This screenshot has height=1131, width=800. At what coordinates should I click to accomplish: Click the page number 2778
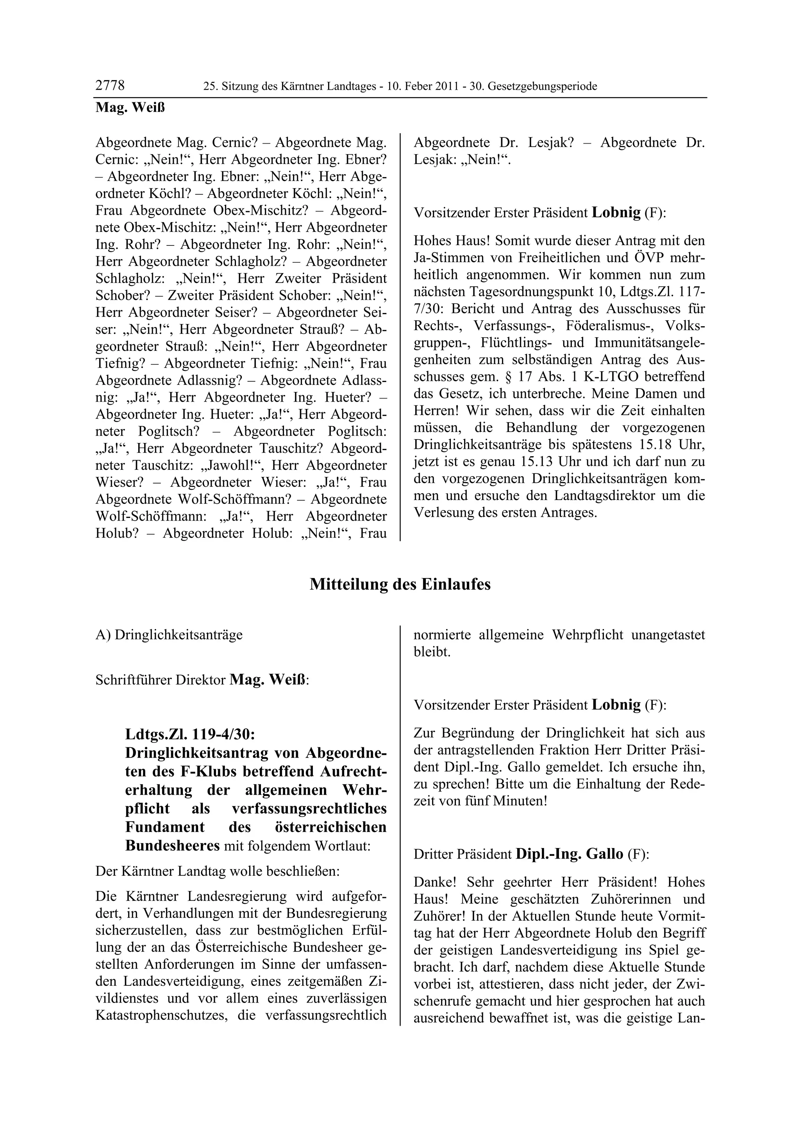[x=110, y=86]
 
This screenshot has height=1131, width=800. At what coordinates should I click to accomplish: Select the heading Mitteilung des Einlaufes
[x=400, y=585]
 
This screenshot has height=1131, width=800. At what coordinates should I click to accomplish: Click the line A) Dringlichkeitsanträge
[x=169, y=635]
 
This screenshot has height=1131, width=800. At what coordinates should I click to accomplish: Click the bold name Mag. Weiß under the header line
[x=130, y=107]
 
